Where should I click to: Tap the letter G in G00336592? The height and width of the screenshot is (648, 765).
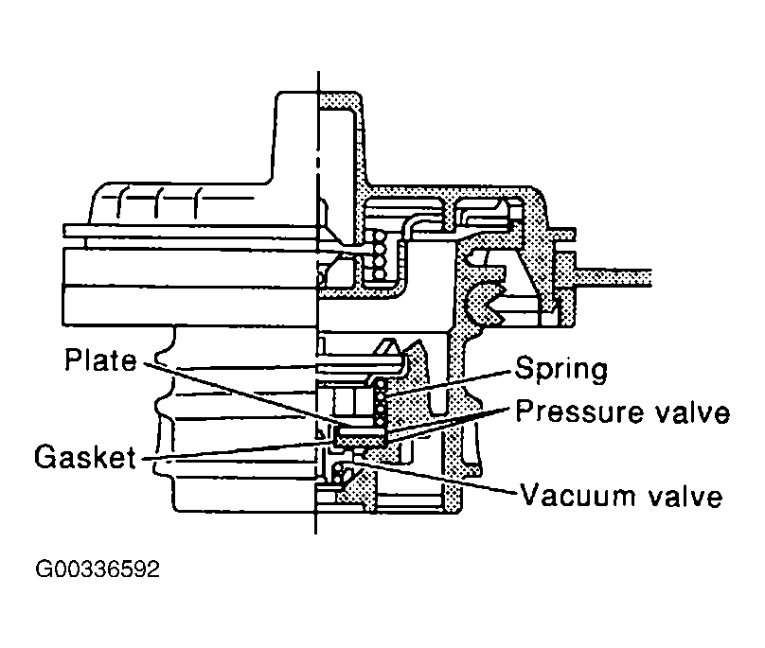click(x=44, y=569)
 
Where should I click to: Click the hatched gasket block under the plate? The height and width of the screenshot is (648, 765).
click(x=361, y=436)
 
